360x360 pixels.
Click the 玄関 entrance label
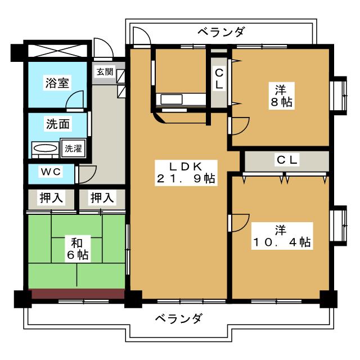pos(104,71)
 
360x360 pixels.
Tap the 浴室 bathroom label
pos(57,82)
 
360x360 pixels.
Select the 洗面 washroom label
pos(57,123)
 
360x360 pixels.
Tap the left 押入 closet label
pos(51,198)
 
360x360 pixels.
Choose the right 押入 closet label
pos(102,198)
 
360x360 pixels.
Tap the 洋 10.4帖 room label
pos(281,236)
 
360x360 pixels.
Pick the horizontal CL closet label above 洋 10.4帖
pos(286,159)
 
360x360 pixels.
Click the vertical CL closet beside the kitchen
pos(218,79)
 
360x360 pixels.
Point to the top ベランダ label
pos(221,32)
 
